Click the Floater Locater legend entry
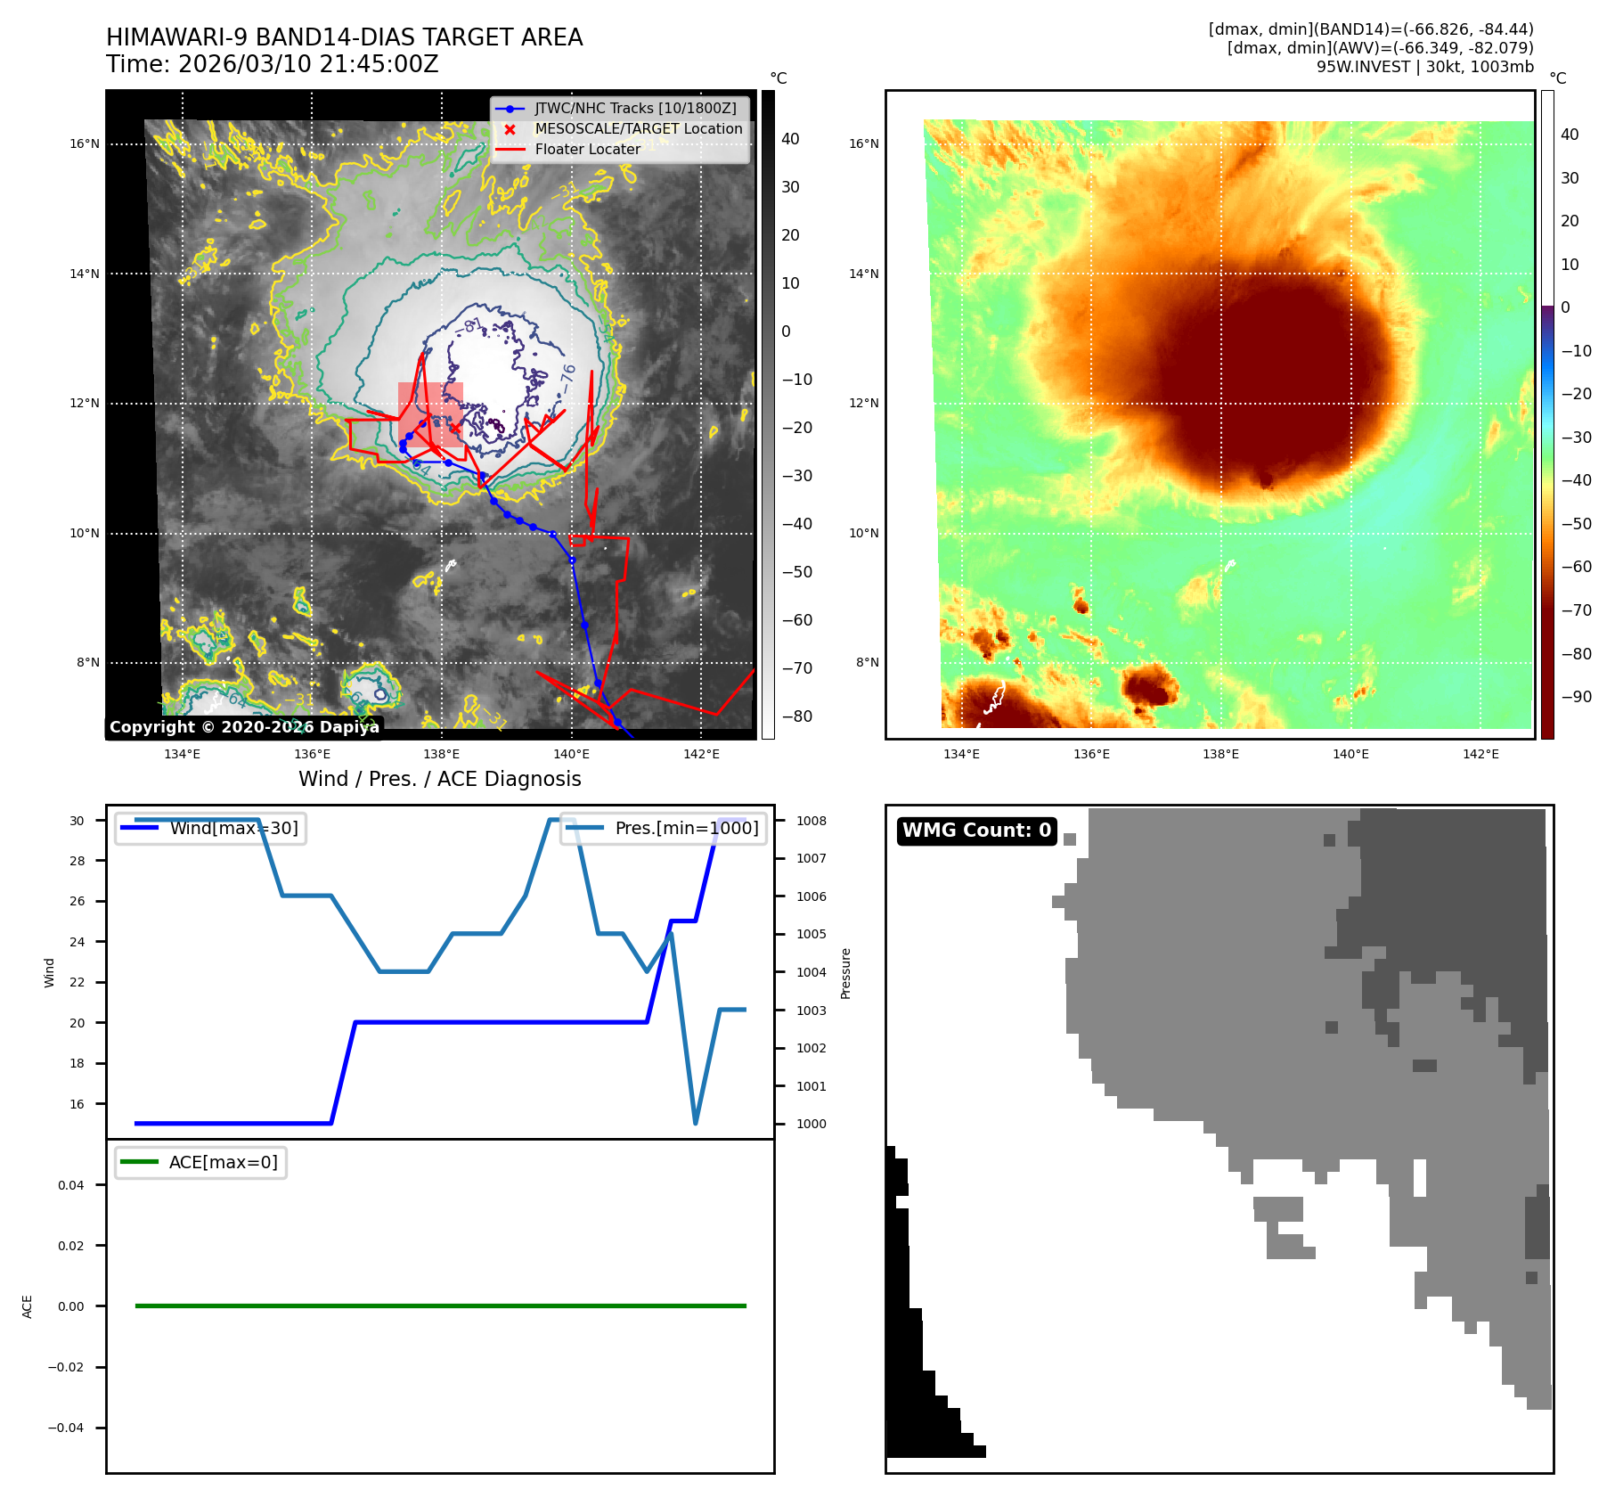click(x=587, y=150)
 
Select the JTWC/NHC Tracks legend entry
click(x=635, y=109)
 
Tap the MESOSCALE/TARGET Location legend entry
click(x=638, y=129)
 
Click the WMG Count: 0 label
click(x=976, y=831)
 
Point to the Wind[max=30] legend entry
click(x=233, y=829)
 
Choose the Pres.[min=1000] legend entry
click(x=686, y=829)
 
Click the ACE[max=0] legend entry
click(x=223, y=1163)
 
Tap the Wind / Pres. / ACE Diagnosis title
click(x=439, y=779)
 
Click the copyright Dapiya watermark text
click(x=244, y=727)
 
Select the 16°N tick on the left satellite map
click(x=85, y=144)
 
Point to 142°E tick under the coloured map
click(x=1480, y=755)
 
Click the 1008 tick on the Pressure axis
click(x=811, y=821)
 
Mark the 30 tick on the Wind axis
click(x=77, y=821)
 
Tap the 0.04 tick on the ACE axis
click(x=71, y=1185)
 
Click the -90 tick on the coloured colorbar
click(x=1576, y=697)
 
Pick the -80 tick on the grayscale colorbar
click(x=796, y=716)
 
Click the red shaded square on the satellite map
click(x=430, y=414)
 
